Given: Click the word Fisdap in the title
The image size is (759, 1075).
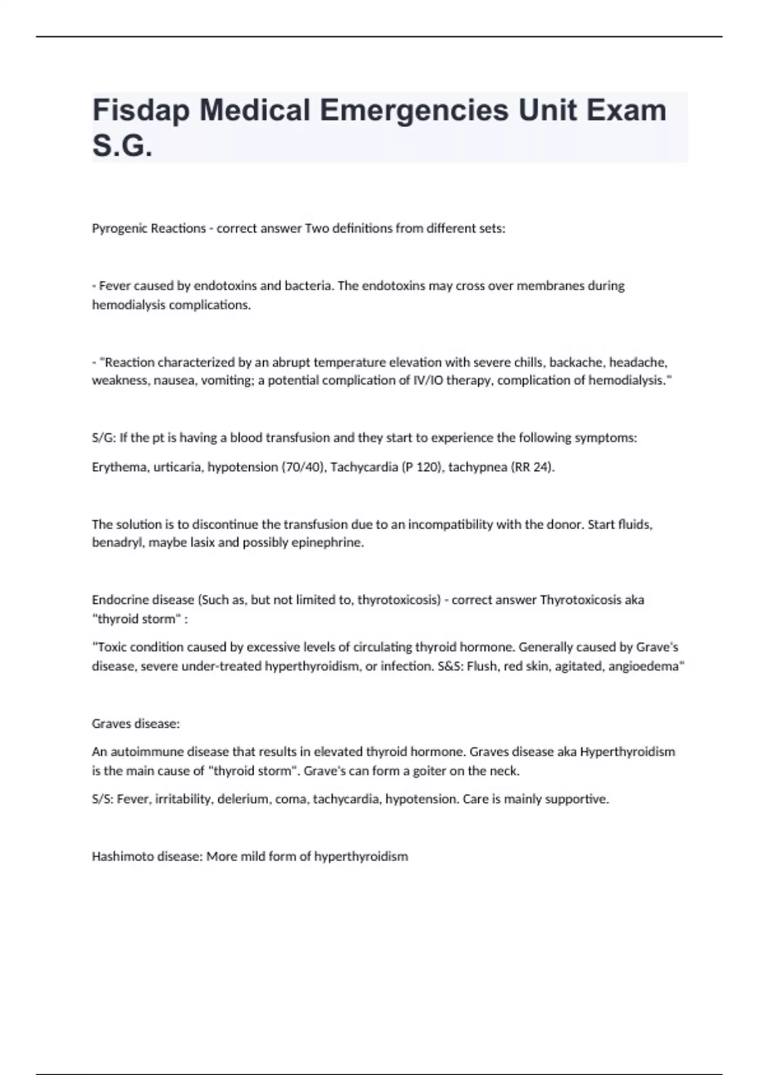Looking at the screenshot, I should tap(141, 111).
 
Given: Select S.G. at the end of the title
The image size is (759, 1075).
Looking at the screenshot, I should tap(122, 146).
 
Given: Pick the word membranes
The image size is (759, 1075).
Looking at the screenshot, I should tap(550, 286).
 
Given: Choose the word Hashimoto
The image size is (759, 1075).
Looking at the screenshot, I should tap(121, 857).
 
